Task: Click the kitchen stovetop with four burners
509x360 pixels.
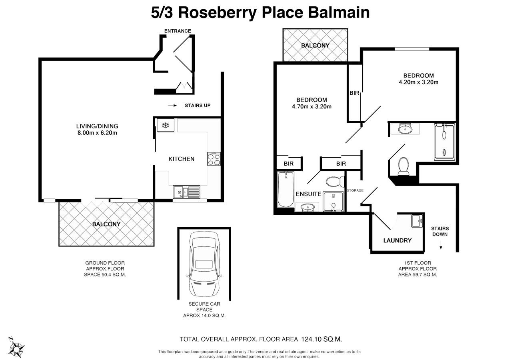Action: [214, 159]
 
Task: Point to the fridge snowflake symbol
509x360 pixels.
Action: [165, 126]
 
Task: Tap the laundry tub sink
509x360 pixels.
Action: [417, 220]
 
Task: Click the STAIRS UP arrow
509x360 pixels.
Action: [172, 106]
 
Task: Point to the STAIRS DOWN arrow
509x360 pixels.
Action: [441, 247]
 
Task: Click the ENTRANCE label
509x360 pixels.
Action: [178, 31]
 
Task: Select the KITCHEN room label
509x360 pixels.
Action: [181, 159]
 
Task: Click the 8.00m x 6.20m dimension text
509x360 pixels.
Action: [97, 133]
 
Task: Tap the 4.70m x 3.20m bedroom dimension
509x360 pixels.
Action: [311, 106]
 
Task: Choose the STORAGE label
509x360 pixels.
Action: [355, 190]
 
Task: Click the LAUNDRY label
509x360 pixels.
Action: [397, 240]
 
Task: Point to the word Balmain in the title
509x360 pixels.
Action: [338, 12]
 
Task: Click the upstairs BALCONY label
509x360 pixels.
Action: [315, 46]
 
